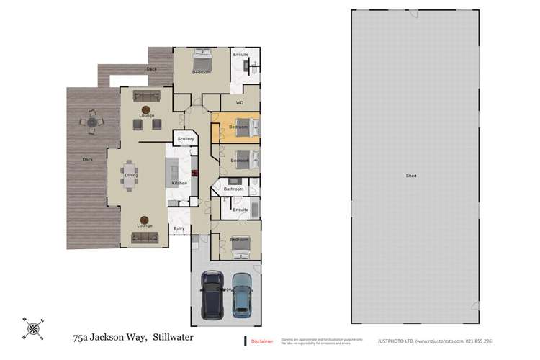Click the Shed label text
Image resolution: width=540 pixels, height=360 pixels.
410,176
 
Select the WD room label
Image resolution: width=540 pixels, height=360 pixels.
239,102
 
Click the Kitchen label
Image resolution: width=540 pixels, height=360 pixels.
179,183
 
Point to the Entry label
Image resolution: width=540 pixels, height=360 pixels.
179,228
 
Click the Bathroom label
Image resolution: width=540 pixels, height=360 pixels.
233,189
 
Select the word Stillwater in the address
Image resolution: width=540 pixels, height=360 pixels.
173,336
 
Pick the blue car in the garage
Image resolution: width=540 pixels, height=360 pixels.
243,295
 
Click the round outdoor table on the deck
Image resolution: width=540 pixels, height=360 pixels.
91,124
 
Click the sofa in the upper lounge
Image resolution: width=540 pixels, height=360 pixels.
146,96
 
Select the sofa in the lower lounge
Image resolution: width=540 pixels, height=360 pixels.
144,237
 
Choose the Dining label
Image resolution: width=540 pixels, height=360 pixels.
131,175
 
